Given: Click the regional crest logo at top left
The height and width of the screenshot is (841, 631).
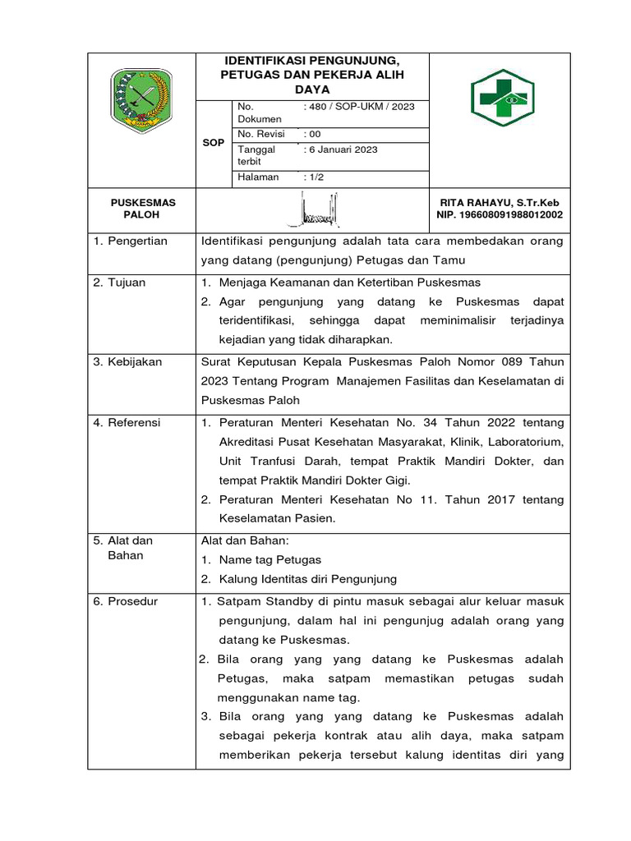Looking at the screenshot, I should (140, 99).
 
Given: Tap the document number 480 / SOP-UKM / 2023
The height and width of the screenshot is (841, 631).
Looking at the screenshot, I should (359, 107).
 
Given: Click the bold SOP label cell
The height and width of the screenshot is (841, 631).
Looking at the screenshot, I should (214, 143).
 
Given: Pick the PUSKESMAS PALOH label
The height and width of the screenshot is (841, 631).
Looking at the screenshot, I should (142, 209).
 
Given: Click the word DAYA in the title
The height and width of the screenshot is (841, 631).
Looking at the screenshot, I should (312, 89).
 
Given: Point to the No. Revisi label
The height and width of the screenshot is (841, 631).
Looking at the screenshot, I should (260, 134).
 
